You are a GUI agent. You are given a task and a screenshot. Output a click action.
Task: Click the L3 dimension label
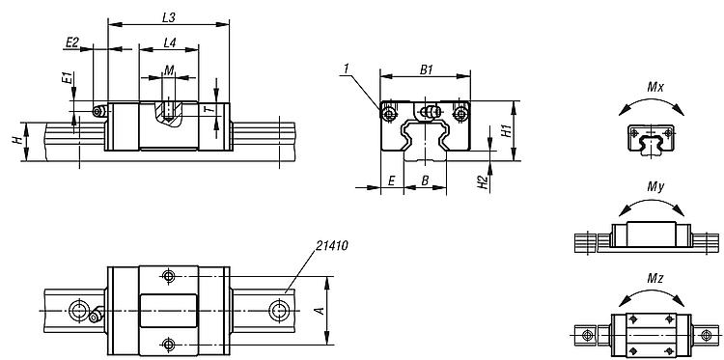(169, 17)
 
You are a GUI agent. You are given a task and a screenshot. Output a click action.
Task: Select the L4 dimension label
(170, 42)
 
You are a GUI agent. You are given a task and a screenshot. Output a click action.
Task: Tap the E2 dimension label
(72, 42)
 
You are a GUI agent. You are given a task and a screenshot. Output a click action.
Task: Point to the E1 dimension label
(68, 77)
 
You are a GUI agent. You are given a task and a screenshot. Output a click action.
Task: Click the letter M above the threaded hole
(169, 70)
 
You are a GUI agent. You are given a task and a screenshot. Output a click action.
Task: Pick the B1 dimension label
(426, 69)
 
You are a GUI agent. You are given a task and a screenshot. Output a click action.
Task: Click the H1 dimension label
(507, 130)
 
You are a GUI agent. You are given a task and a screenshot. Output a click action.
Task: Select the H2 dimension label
(483, 182)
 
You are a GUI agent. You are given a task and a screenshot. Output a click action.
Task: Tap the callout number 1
(347, 69)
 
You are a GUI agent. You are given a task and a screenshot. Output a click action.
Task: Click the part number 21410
(332, 245)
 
